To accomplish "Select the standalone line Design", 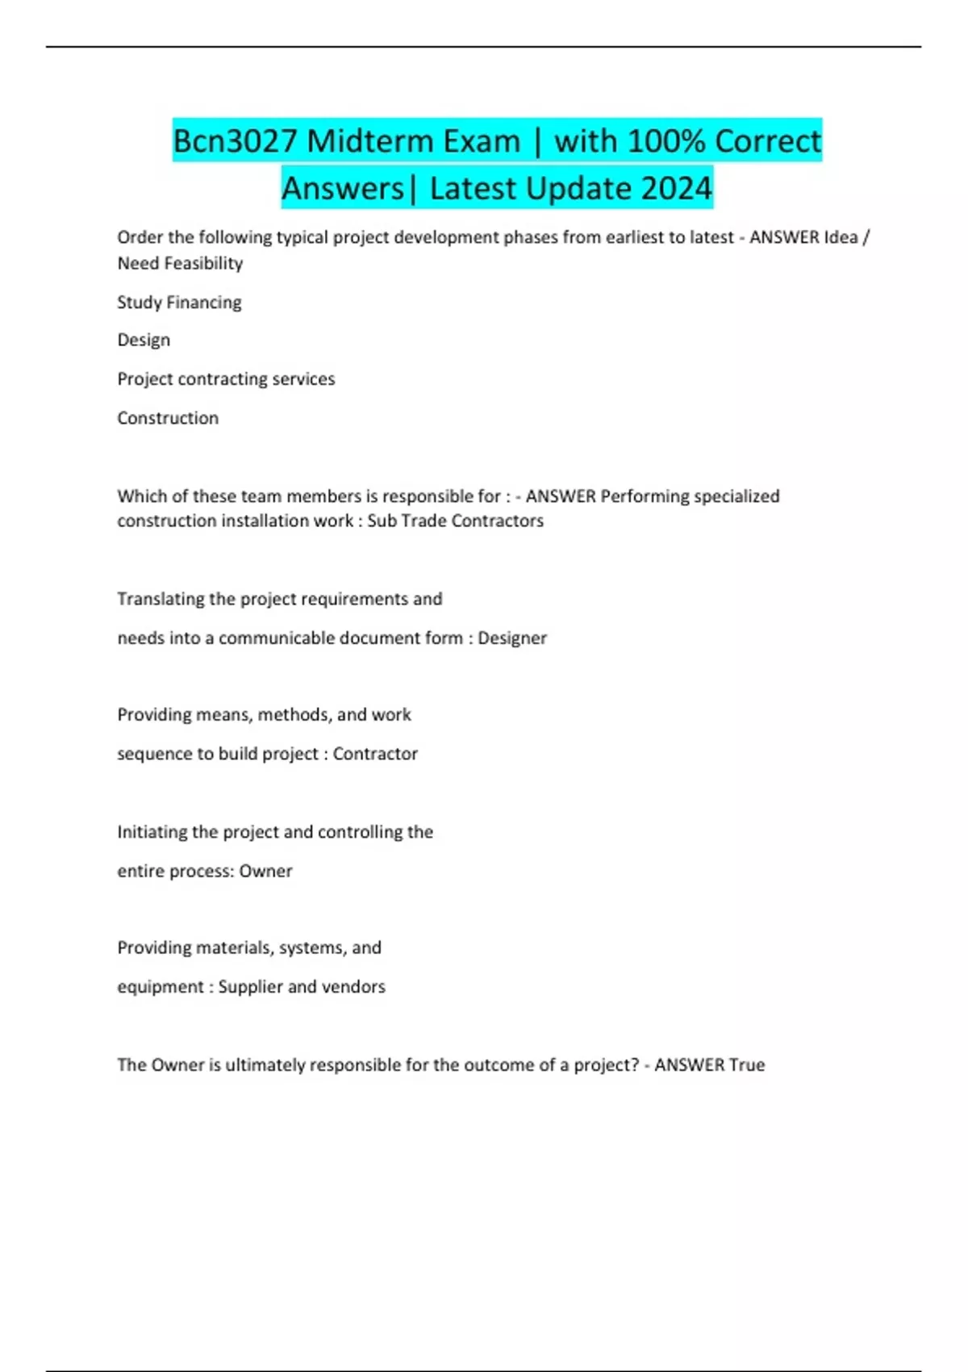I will [x=144, y=340].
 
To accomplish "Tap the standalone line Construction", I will [x=168, y=418].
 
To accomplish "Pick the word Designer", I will [x=512, y=638].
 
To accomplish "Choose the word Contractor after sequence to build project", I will [x=375, y=754].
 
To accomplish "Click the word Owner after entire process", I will [x=265, y=872].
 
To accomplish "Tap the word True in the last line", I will [x=747, y=1065].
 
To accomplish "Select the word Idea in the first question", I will [x=841, y=237].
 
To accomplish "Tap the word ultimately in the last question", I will [x=265, y=1065].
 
